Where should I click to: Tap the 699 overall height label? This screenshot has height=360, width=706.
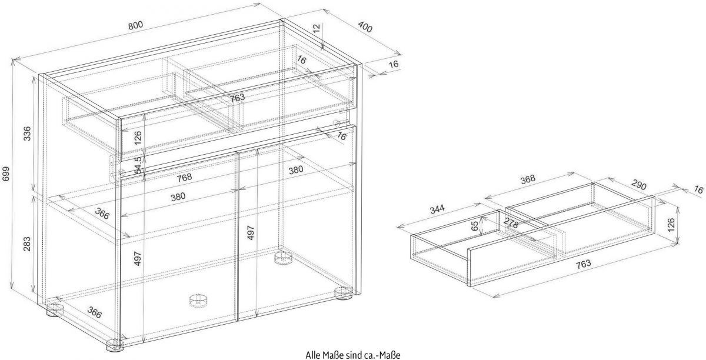pyautogui.click(x=6, y=174)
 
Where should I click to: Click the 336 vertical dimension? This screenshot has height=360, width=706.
pyautogui.click(x=26, y=135)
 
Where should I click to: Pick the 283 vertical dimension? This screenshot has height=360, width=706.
pyautogui.click(x=26, y=244)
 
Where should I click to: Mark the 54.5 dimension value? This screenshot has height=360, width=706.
pyautogui.click(x=137, y=165)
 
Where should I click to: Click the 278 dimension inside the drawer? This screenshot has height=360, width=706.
pyautogui.click(x=511, y=224)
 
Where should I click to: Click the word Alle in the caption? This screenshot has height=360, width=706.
pyautogui.click(x=314, y=355)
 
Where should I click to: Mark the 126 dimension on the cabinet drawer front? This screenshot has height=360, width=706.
pyautogui.click(x=137, y=138)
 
